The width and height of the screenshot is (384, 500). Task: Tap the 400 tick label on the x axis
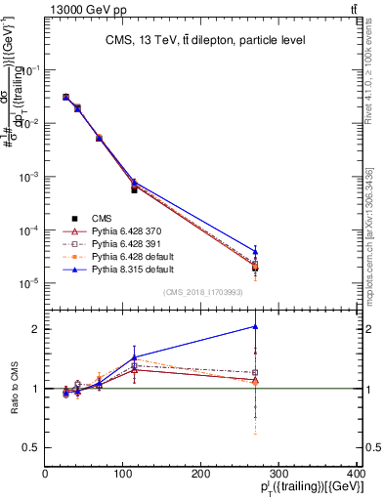(x=356, y=474)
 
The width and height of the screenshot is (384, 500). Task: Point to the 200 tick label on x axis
(x=200, y=474)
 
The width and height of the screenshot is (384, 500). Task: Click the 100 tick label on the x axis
(x=123, y=474)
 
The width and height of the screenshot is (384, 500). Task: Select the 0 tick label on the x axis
(x=46, y=474)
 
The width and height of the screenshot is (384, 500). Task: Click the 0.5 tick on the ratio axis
(x=32, y=447)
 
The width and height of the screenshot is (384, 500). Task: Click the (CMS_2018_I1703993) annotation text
(x=203, y=292)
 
